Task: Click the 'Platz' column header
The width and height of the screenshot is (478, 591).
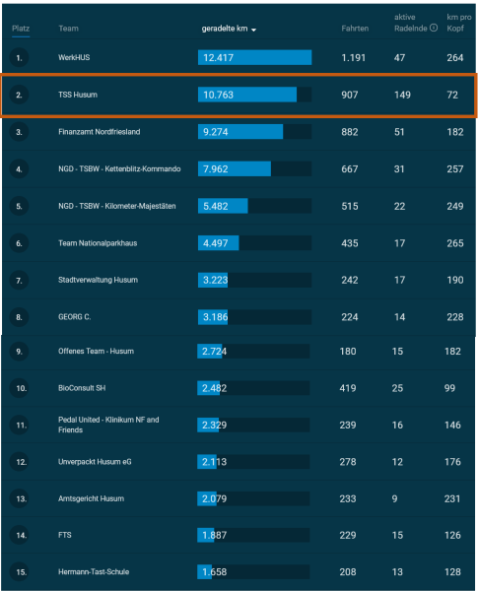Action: pos(21,29)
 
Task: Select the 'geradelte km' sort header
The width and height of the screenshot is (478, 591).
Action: pos(229,29)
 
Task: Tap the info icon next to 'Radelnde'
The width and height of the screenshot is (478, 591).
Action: pos(434,28)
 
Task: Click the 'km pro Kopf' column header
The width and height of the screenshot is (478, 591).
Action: pos(458,23)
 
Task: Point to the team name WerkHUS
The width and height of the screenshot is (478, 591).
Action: pos(74,57)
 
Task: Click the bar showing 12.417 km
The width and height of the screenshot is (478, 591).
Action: pos(254,57)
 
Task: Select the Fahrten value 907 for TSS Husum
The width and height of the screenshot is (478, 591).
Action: pos(349,95)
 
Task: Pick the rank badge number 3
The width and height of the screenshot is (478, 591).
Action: pos(19,132)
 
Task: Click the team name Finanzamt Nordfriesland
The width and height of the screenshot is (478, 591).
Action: pos(100,132)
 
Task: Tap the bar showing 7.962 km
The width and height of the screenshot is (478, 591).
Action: pos(235,168)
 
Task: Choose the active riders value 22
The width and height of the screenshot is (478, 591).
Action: pos(399,206)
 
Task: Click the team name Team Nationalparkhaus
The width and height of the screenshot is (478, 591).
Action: pos(98,243)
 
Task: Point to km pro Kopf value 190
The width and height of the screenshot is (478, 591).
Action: pos(455,280)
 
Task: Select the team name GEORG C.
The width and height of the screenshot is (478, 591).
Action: pos(74,317)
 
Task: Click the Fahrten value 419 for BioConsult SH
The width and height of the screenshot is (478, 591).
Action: pos(348,388)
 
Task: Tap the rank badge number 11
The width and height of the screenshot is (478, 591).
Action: pos(21,426)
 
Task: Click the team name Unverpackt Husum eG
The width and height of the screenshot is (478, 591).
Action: pos(95,462)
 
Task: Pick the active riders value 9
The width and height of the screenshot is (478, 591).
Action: pos(394,498)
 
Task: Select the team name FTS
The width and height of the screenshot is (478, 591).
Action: pos(64,535)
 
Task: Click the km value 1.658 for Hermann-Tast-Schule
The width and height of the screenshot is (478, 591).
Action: pos(214,571)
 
